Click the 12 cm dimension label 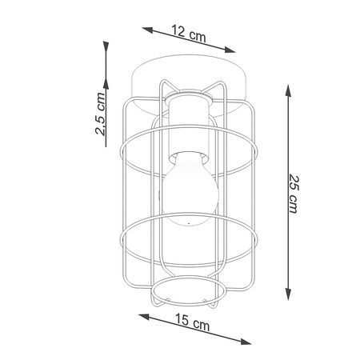pos(189,34)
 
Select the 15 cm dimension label pos(192,322)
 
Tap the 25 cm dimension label pos(294,194)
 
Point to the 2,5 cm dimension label pos(100,114)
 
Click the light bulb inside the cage pos(190,189)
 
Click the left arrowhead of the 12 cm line pos(147,30)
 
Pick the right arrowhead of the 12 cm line pos(230,50)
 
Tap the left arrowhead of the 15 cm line pos(144,317)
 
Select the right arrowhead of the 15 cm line pos(246,342)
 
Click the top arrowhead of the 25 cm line pos(288,90)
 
